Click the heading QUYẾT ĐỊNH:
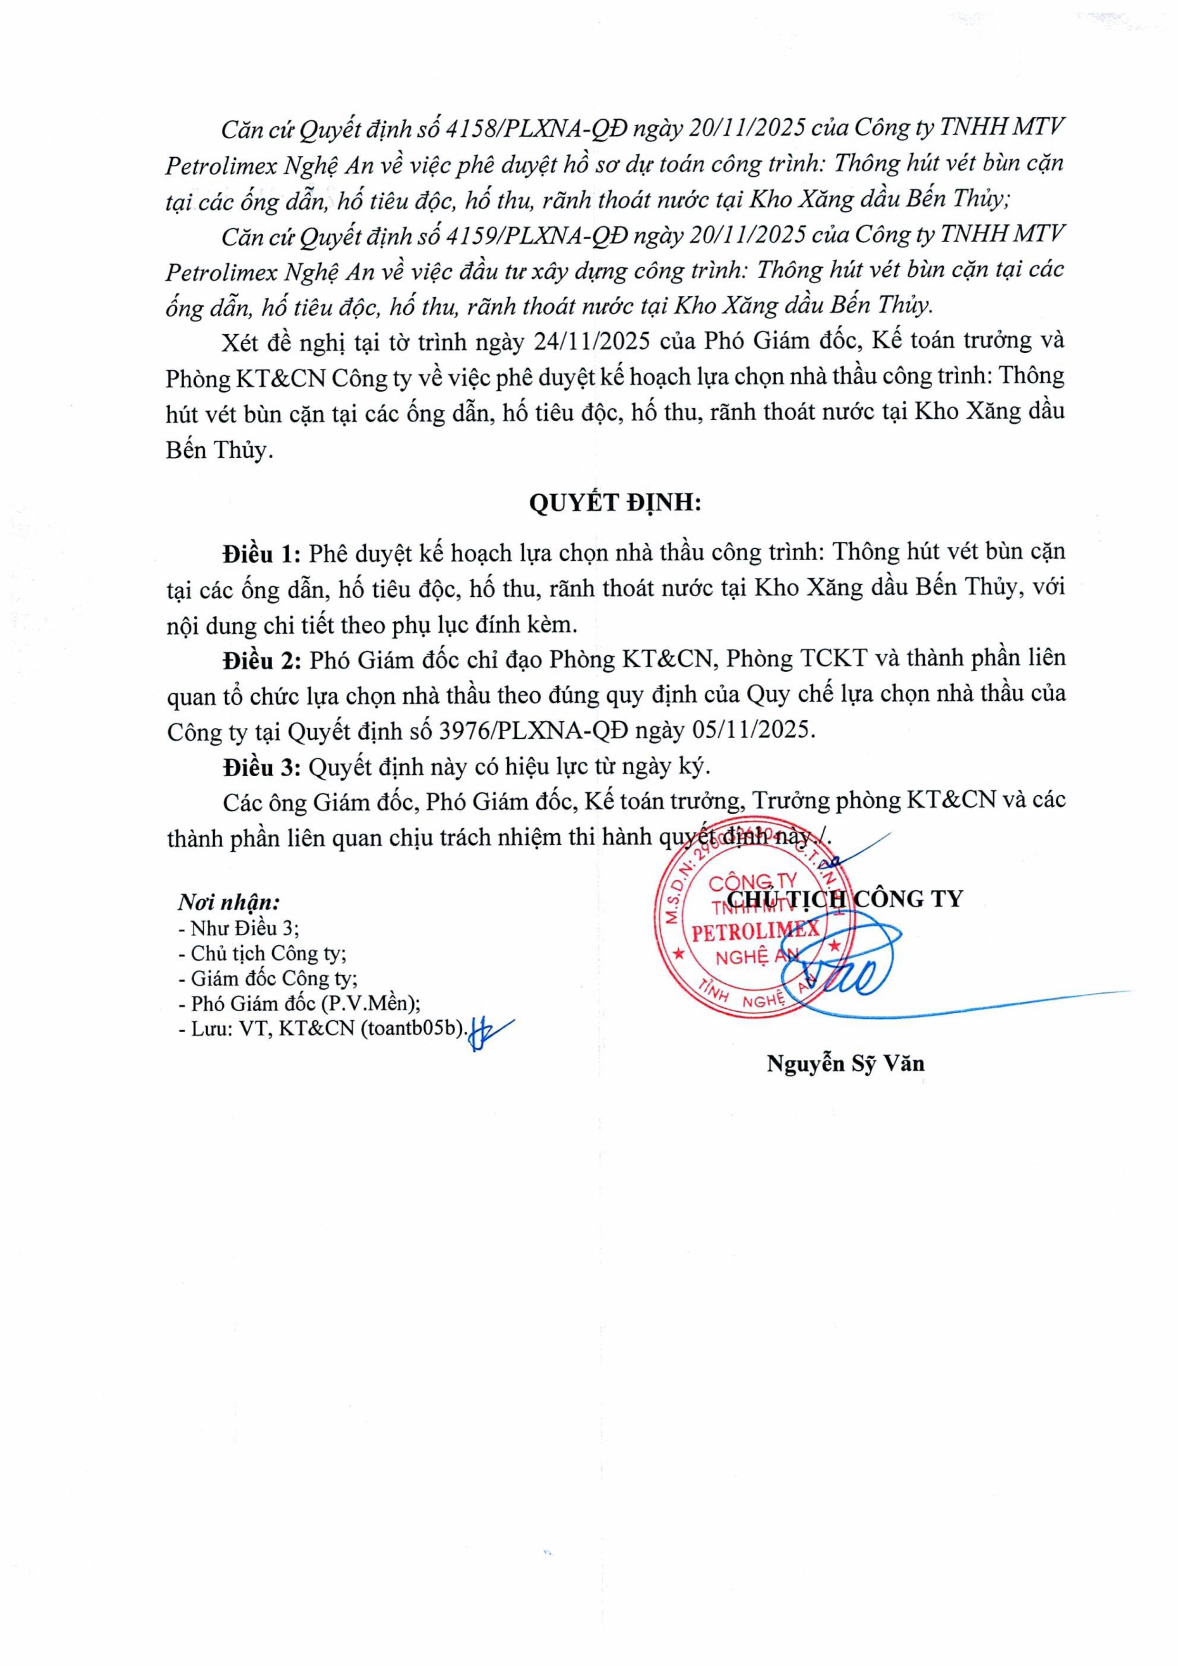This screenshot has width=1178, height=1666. click(615, 503)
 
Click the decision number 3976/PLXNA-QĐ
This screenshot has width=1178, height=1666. click(534, 730)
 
